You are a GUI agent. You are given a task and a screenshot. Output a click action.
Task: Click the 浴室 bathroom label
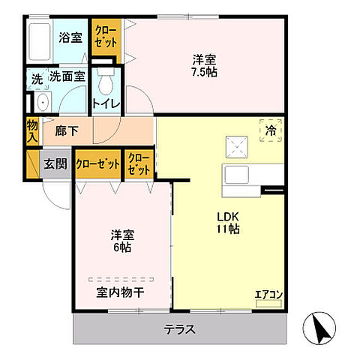point(71,37)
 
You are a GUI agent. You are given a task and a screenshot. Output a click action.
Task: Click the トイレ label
point(106,103)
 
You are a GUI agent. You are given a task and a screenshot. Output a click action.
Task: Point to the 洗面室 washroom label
point(67,76)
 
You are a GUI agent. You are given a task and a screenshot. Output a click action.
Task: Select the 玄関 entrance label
point(54,164)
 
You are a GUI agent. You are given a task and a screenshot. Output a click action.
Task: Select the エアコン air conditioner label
point(268,294)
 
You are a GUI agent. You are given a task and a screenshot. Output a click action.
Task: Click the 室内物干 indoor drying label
point(120,292)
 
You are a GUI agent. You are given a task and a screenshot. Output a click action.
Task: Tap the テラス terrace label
point(180,328)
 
